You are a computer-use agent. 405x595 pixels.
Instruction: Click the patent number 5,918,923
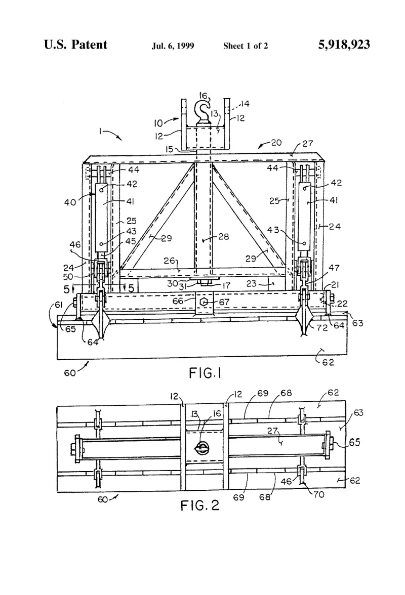344,45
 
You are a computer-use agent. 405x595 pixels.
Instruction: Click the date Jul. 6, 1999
173,46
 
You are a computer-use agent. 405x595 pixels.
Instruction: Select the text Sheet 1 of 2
246,46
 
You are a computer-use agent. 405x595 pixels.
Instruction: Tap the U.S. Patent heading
75,45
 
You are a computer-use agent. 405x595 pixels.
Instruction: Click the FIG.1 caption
205,373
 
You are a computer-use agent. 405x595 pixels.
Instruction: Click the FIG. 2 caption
200,505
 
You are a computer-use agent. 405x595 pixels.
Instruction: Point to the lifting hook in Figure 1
202,111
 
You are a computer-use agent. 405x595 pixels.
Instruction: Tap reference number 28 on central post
224,237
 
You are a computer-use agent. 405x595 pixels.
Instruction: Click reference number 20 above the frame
276,142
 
